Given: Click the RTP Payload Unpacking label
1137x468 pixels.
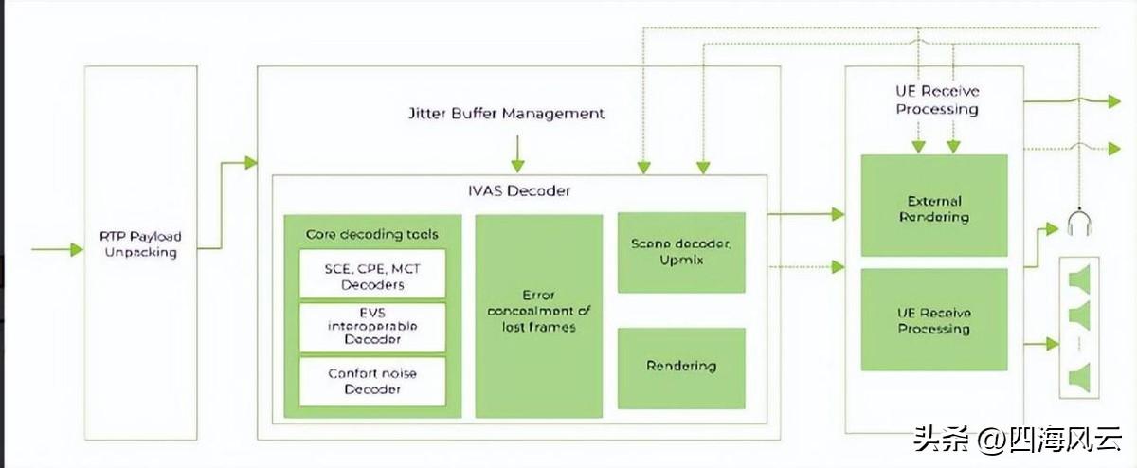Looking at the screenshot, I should [140, 243].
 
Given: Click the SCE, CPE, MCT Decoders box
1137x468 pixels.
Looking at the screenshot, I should [372, 276].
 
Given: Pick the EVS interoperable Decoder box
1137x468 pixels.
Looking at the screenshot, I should [372, 327].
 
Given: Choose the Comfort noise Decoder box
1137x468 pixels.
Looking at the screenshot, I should [372, 381].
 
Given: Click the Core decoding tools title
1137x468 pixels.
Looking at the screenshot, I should [372, 234].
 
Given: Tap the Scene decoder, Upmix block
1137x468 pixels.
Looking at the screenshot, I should [680, 252].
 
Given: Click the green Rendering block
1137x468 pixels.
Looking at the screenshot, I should [680, 366].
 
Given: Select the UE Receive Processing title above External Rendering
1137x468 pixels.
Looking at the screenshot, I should [937, 99].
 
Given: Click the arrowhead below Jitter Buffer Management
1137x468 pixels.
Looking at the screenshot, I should [516, 165].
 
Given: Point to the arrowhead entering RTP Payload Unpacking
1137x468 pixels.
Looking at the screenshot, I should [76, 250].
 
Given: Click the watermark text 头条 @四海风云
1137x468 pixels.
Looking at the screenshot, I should [1018, 439].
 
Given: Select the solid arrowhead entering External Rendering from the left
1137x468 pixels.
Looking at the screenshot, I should [838, 215].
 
